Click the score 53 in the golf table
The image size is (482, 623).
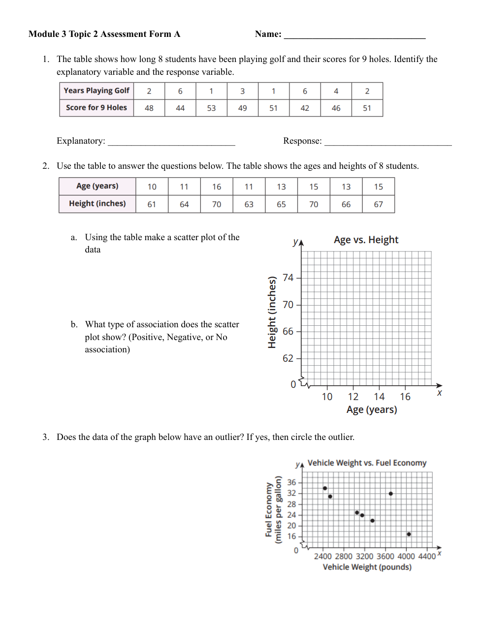pyautogui.click(x=211, y=108)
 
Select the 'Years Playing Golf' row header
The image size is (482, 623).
pyautogui.click(x=96, y=91)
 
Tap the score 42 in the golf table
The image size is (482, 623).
pyautogui.click(x=305, y=108)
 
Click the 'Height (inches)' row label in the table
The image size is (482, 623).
pyautogui.click(x=97, y=204)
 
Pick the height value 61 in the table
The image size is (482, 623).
pyautogui.click(x=152, y=204)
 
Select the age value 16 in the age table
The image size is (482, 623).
pyautogui.click(x=217, y=187)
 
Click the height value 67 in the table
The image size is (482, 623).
pyautogui.click(x=378, y=204)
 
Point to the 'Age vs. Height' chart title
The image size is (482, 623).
pyautogui.click(x=366, y=240)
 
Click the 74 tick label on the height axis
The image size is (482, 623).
pyautogui.click(x=288, y=278)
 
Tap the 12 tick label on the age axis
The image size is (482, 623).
pyautogui.click(x=353, y=397)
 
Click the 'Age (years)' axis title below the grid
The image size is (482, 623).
pyautogui.click(x=372, y=410)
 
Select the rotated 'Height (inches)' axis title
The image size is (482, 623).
pyautogui.click(x=272, y=312)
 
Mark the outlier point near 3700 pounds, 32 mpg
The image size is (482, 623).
pyautogui.click(x=390, y=494)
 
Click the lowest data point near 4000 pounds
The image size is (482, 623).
pyautogui.click(x=409, y=534)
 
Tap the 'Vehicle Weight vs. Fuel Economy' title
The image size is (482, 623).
pyautogui.click(x=367, y=463)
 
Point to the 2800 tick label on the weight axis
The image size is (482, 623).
pyautogui.click(x=344, y=557)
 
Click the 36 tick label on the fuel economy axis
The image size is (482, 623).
pyautogui.click(x=291, y=483)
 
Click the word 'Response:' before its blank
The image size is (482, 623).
pyautogui.click(x=302, y=141)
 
